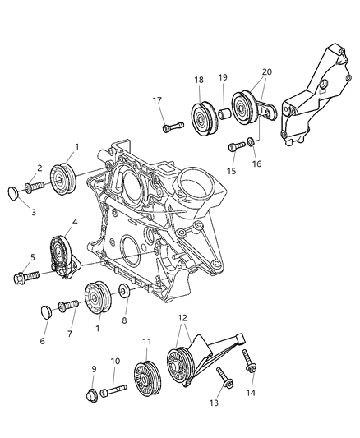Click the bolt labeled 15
coord(235,147)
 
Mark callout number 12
coord(181,318)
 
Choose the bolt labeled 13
coord(223,380)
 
